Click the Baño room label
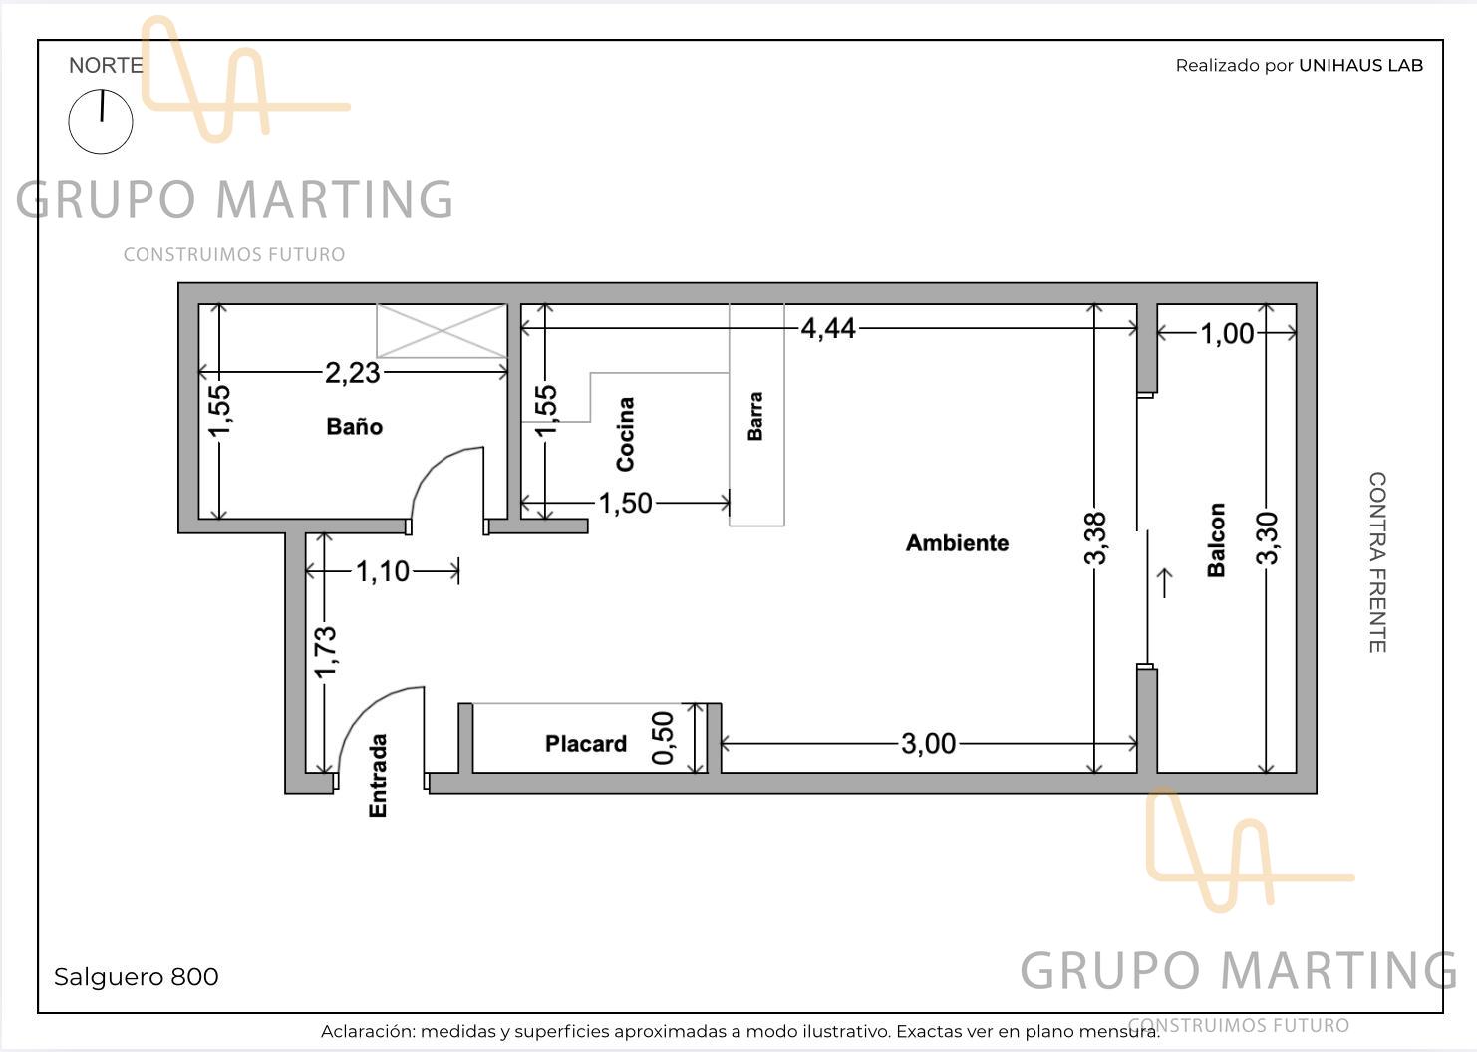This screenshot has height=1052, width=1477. pos(354,426)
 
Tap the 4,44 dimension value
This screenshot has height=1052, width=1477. pos(828,328)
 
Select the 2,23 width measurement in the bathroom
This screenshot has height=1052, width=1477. pos(352,373)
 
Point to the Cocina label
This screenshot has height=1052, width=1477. pos(625,434)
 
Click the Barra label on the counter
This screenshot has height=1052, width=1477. pos(755,416)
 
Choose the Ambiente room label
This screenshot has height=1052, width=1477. pos(957,542)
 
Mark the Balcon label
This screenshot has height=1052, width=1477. pos(1216,540)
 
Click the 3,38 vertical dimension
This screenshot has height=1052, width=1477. pos(1094,538)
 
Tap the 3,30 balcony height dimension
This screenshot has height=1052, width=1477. pos(1267,538)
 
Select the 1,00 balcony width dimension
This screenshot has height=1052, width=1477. pos(1227,334)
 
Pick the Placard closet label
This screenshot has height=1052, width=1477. pos(586,743)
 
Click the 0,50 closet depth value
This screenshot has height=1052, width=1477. pos(663,738)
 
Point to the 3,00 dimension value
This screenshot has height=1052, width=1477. pos(929,744)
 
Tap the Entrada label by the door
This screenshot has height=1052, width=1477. pos(377,776)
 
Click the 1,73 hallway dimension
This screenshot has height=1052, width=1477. pos(325,652)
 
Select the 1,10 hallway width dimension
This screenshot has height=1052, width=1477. pos(383,571)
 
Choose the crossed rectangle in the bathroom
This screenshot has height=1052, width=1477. pos(442,330)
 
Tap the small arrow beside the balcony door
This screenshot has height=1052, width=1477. pos(1165,583)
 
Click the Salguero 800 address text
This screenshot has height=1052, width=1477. pos(136,977)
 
